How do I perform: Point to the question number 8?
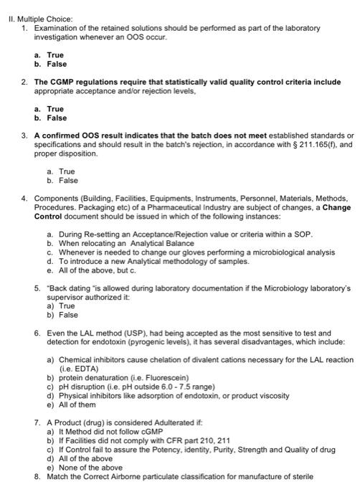(x=37, y=476)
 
